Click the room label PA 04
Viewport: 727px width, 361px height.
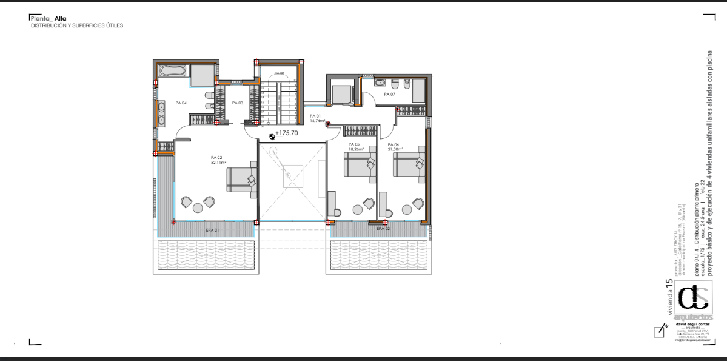point(181,103)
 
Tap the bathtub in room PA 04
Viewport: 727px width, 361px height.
point(172,71)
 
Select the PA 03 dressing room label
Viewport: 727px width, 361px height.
point(237,103)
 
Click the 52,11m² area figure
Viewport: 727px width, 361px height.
point(218,163)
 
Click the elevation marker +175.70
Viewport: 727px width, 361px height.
point(286,133)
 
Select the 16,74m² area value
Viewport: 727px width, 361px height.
point(317,121)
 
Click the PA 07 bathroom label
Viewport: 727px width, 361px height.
point(389,95)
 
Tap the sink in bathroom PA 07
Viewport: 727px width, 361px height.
point(380,82)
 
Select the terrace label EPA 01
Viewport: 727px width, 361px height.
point(212,231)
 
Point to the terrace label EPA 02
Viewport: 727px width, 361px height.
point(383,229)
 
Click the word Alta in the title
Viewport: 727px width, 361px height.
point(61,18)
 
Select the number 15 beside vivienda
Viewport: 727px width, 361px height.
point(669,283)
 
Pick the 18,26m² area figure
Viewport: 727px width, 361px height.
point(356,149)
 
